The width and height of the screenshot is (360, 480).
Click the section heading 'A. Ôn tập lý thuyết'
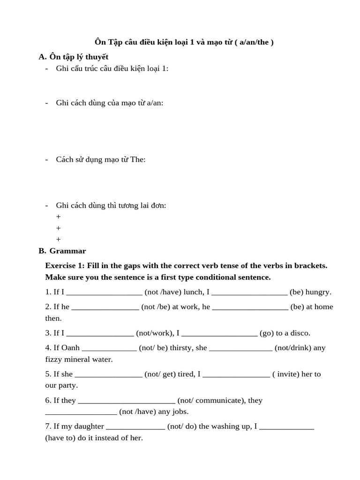coord(74,57)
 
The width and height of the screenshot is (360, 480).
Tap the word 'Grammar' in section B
coord(68,251)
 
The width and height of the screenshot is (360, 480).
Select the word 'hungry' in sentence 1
coord(318,292)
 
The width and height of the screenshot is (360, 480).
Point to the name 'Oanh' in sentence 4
coord(70,348)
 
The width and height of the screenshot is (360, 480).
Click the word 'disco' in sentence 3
coord(299,333)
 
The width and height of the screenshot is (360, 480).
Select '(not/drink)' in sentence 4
coord(293,348)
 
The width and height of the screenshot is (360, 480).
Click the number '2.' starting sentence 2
coord(48,307)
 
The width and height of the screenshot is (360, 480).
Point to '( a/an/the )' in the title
coord(255,42)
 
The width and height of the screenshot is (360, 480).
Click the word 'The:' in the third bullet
coord(138,159)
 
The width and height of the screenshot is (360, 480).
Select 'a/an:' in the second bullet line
coord(155,103)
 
